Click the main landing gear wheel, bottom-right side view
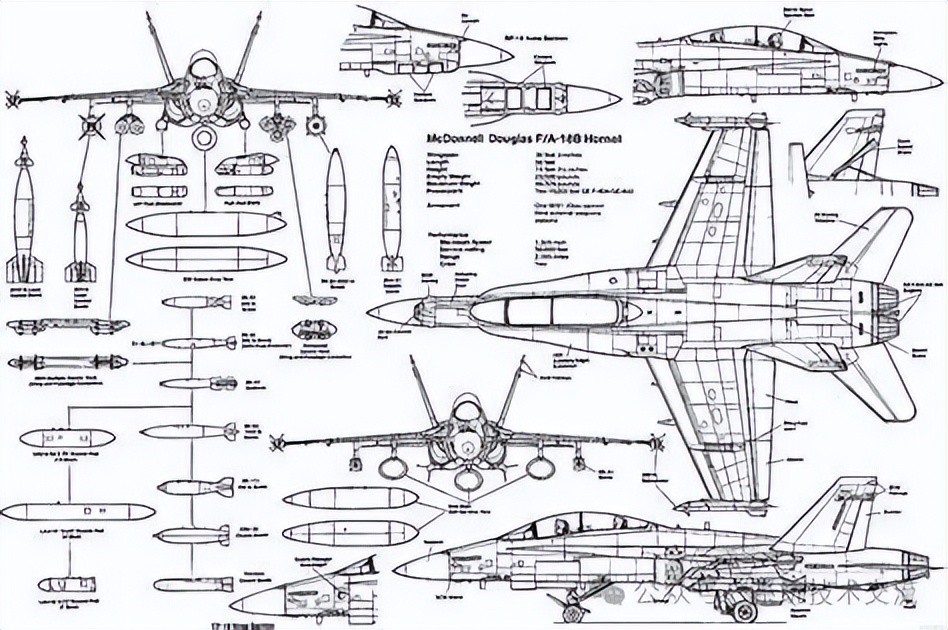point(745,603)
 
